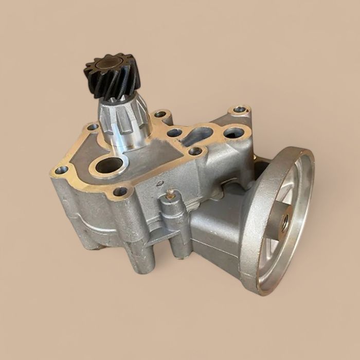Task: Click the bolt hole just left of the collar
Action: (93, 127)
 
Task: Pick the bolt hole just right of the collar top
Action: (160, 114)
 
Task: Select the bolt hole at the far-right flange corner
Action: (240, 110)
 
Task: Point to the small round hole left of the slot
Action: (174, 133)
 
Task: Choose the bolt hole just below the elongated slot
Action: (195, 151)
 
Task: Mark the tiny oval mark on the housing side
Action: (159, 182)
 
